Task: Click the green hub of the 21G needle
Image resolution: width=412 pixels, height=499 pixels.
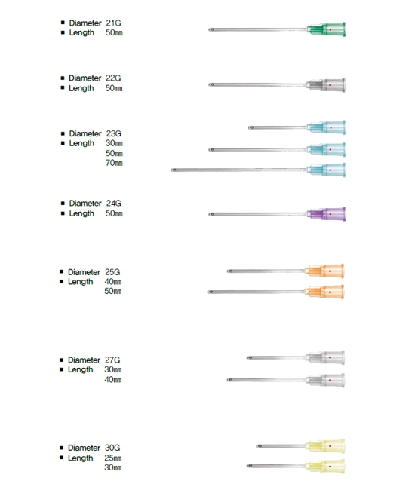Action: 326,29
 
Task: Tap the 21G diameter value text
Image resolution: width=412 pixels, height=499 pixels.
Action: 113,23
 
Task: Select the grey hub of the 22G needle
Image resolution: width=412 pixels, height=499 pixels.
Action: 326,85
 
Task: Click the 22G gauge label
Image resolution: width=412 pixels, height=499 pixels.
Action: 113,78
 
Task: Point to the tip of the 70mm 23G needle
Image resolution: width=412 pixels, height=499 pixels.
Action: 171,170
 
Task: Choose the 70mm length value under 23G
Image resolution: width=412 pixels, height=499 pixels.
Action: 114,163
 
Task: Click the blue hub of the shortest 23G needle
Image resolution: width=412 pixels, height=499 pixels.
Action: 326,127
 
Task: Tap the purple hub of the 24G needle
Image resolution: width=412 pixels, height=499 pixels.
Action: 326,214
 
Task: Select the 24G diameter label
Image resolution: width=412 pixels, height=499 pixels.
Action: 114,203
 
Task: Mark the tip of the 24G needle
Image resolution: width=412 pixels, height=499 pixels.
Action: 209,214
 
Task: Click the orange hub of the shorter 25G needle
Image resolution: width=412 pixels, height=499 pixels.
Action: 324,271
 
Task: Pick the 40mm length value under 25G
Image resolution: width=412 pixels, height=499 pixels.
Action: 112,282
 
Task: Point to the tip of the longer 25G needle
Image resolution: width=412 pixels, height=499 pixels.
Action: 208,292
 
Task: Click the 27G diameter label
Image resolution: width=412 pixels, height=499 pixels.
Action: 112,360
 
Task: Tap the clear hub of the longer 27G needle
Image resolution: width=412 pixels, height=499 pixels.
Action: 325,381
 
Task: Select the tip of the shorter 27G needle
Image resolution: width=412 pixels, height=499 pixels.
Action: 248,358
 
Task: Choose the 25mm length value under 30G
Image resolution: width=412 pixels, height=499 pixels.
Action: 112,458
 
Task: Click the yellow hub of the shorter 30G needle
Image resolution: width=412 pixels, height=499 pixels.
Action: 325,446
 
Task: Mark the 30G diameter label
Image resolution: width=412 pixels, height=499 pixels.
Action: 112,448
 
